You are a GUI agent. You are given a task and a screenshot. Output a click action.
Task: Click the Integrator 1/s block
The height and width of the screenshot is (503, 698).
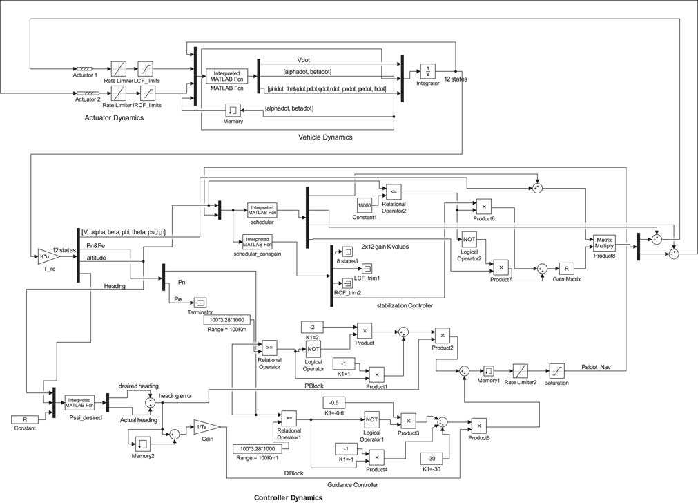428,72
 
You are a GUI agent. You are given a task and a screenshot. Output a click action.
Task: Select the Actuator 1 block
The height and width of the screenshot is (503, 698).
86,68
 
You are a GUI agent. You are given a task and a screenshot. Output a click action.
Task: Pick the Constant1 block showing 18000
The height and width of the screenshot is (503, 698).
365,206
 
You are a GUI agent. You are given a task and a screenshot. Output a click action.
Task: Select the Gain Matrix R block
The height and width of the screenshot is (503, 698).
567,268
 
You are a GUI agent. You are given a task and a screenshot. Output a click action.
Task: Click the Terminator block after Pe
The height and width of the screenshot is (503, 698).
200,301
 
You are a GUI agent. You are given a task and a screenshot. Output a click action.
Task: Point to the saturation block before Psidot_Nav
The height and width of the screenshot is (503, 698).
558,370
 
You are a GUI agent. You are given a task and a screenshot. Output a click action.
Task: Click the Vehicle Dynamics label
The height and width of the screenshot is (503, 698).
325,137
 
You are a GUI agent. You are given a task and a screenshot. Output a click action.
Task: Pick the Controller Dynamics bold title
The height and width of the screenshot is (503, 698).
288,497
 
